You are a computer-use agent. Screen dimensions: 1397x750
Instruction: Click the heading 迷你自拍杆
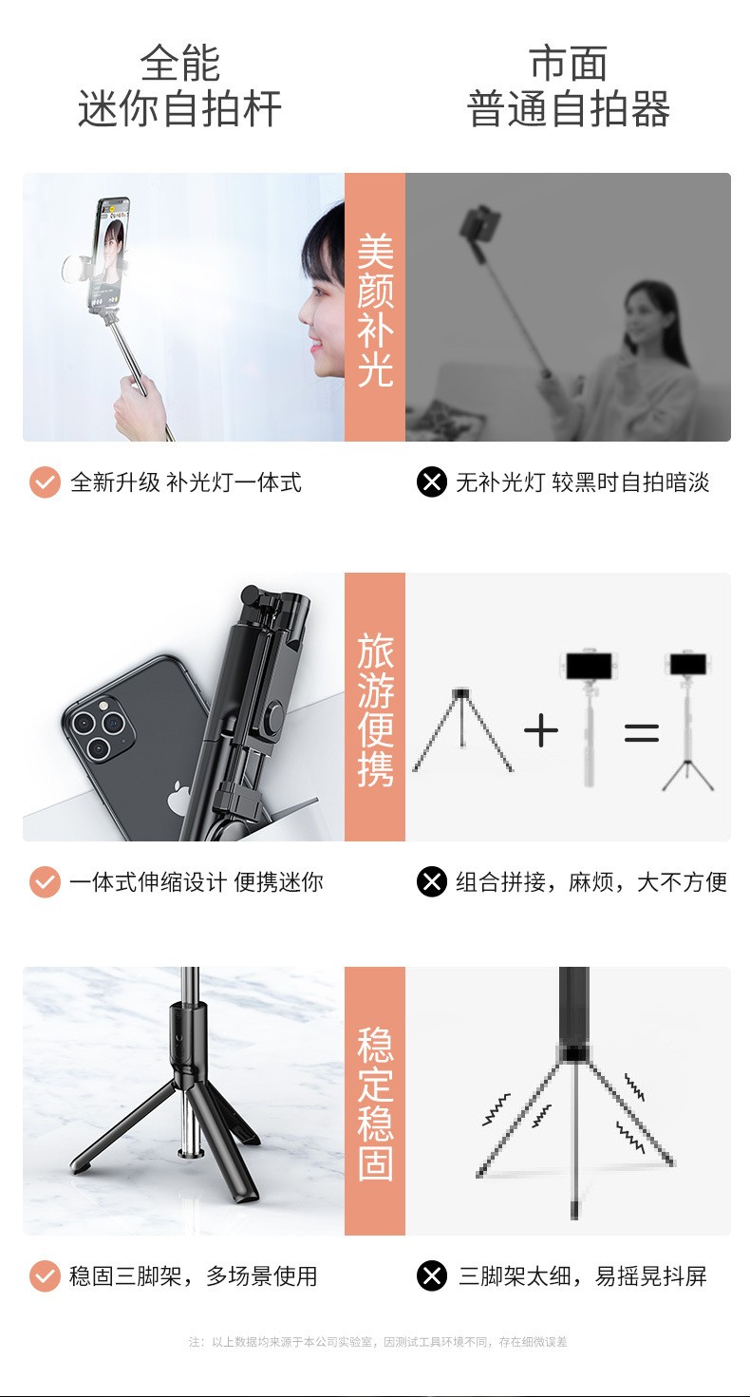click(179, 109)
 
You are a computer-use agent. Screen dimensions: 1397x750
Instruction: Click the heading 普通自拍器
click(569, 109)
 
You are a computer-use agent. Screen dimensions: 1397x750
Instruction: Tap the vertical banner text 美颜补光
click(375, 309)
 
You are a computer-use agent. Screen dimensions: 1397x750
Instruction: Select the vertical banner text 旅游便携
click(375, 708)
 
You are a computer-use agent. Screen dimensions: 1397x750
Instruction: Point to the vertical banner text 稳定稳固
click(375, 1102)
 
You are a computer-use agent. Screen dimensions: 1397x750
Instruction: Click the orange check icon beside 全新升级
click(45, 482)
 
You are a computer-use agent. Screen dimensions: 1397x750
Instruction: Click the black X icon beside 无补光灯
click(432, 482)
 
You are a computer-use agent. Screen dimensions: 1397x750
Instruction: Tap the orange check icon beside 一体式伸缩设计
click(45, 882)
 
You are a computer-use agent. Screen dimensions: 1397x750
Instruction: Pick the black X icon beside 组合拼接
click(432, 882)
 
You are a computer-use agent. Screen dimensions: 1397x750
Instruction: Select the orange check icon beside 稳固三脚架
click(45, 1275)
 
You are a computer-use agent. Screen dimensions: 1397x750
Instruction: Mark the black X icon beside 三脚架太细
click(432, 1275)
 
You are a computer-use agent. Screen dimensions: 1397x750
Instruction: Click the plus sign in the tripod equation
click(540, 731)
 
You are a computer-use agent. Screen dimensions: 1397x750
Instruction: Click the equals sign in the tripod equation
click(641, 732)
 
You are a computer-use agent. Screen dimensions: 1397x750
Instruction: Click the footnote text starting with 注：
click(378, 1342)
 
